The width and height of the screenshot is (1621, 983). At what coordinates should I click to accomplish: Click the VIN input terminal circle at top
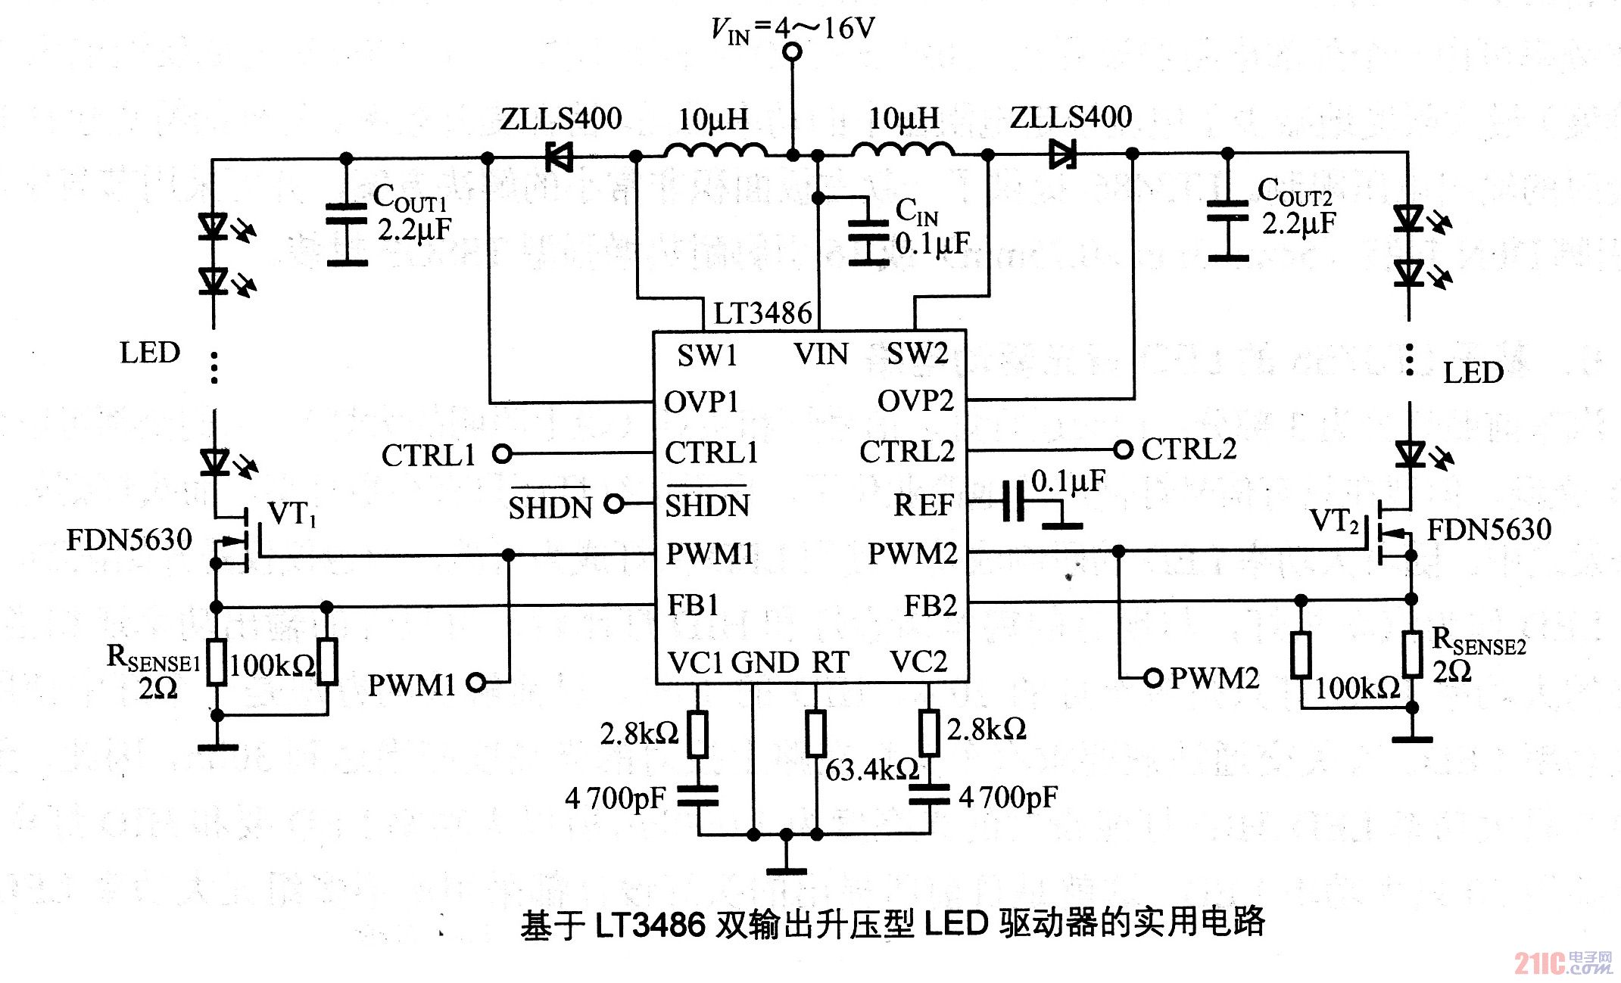point(792,51)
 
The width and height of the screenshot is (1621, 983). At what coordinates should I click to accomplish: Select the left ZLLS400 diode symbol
point(559,157)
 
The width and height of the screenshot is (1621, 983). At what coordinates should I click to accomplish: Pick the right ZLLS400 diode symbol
point(1062,154)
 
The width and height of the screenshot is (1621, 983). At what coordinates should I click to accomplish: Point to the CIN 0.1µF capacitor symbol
point(868,231)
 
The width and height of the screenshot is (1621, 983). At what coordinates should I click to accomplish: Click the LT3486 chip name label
point(762,313)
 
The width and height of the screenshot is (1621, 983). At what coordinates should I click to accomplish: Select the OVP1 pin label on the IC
point(700,402)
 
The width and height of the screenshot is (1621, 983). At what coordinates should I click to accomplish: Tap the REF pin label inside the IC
point(923,505)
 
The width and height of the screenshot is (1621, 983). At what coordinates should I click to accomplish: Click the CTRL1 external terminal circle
point(502,454)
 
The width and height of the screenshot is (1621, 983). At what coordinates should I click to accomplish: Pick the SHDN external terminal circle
point(615,503)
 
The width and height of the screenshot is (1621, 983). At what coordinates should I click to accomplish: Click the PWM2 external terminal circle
point(1152,677)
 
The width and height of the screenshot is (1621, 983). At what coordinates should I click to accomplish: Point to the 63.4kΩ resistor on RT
point(815,733)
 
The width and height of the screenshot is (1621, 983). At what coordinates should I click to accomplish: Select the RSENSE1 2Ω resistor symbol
point(217,661)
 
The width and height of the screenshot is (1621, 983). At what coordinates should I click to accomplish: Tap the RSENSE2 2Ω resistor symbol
point(1412,654)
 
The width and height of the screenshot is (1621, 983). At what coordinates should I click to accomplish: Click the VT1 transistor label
point(292,514)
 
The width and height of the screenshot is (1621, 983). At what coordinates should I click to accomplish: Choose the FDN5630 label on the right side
point(1489,530)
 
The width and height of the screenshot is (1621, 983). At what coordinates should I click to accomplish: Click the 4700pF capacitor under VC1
point(697,796)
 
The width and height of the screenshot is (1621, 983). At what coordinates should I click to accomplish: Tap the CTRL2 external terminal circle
point(1124,450)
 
